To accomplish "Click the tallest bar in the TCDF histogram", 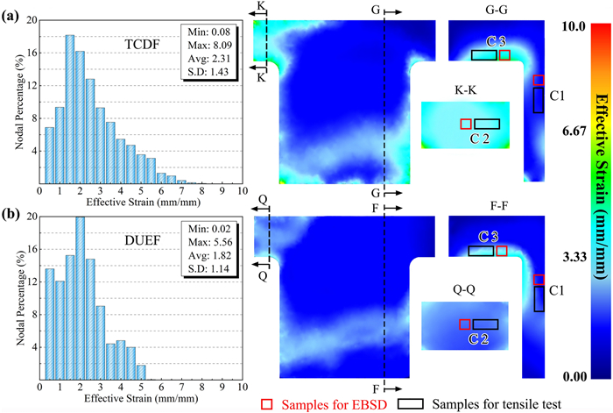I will point(69,110).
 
